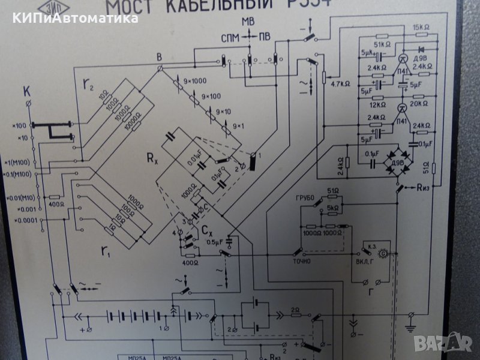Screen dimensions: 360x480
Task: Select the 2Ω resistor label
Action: [295, 310]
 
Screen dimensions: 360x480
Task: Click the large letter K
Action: [26, 92]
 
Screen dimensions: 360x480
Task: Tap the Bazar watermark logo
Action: [452, 343]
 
